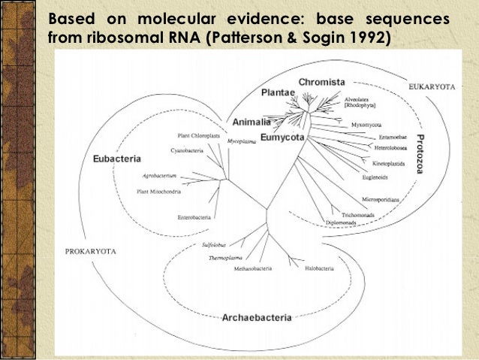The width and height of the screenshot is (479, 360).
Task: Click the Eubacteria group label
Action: tap(118, 159)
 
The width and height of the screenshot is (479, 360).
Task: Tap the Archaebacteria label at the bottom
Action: tap(257, 318)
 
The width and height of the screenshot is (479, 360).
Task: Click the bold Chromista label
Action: tap(321, 81)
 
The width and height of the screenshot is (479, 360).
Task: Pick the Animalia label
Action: tap(252, 122)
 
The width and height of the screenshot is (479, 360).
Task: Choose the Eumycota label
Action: tap(282, 138)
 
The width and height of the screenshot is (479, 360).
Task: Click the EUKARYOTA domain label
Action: tap(432, 87)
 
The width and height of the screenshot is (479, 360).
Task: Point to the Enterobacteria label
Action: tap(194, 217)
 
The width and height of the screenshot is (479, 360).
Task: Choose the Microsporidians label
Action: tap(380, 199)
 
